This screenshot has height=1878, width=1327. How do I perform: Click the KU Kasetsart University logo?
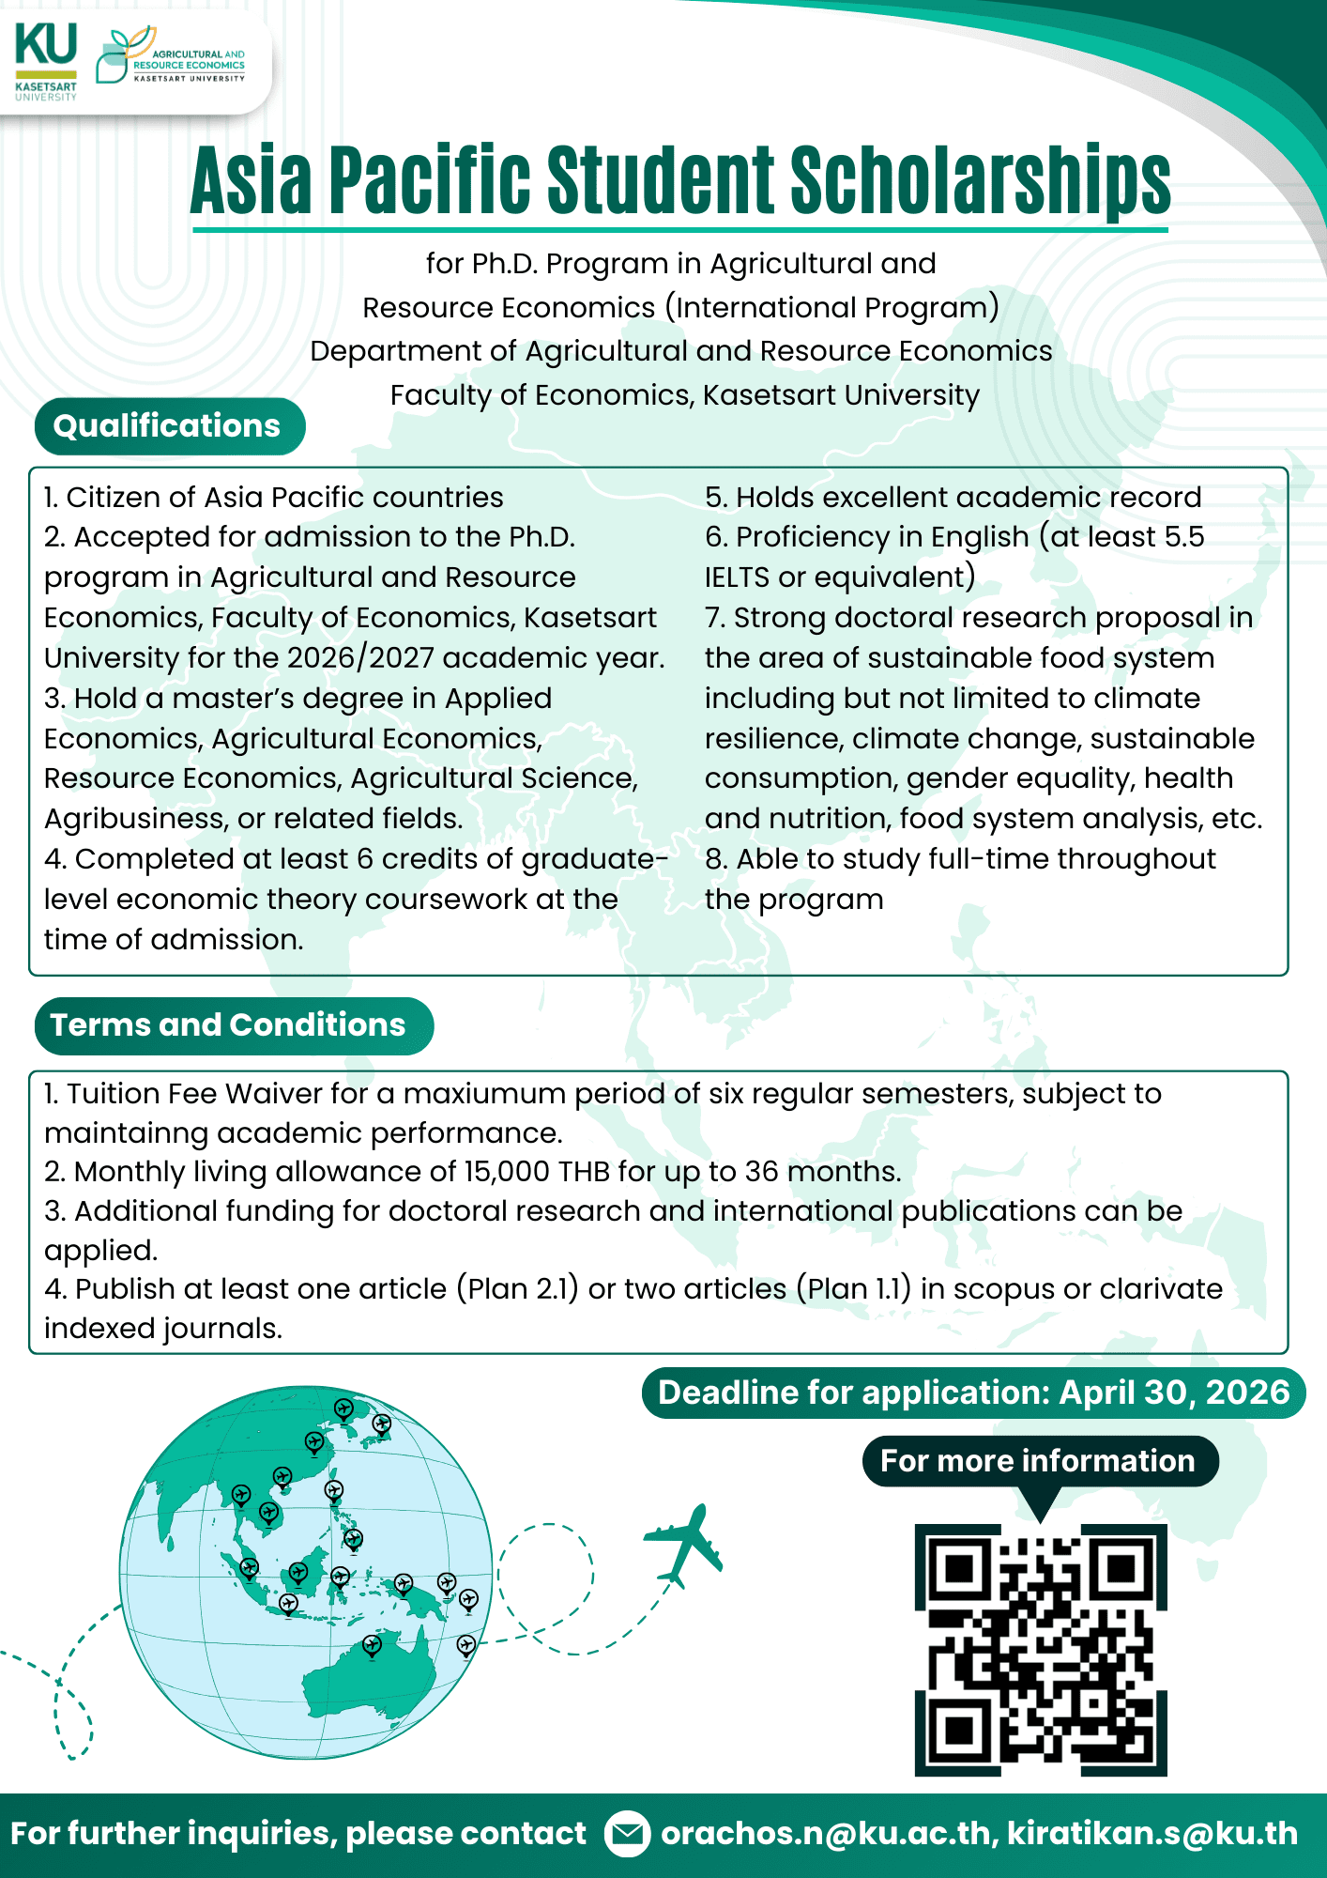(46, 61)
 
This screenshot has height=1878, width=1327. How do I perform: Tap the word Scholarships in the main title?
(980, 180)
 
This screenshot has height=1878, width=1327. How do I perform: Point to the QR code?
(1041, 1650)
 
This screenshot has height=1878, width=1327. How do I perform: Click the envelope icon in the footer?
(626, 1834)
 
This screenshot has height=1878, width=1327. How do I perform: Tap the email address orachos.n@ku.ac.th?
(826, 1834)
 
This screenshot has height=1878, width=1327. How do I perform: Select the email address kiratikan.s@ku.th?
(1152, 1834)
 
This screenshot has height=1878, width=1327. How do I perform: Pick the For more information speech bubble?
(1039, 1461)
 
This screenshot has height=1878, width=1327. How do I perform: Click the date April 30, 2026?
(1174, 1393)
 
